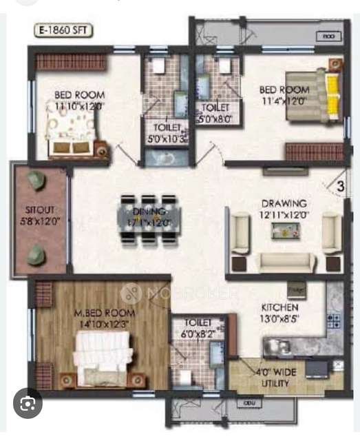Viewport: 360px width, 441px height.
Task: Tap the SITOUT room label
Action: (39, 207)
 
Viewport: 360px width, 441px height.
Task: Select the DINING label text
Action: (149, 211)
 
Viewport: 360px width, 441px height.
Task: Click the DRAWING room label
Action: (284, 204)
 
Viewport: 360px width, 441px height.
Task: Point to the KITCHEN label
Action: (279, 307)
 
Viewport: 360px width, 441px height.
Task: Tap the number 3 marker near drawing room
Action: (340, 185)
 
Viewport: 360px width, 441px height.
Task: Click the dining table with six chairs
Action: (149, 219)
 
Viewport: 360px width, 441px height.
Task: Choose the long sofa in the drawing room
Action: (284, 262)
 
